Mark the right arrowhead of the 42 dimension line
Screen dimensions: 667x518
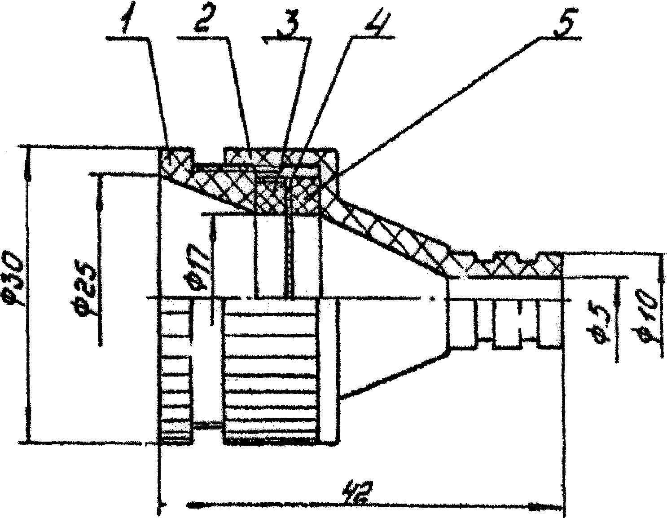click(x=539, y=505)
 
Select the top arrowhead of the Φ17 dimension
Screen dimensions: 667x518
click(x=211, y=234)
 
